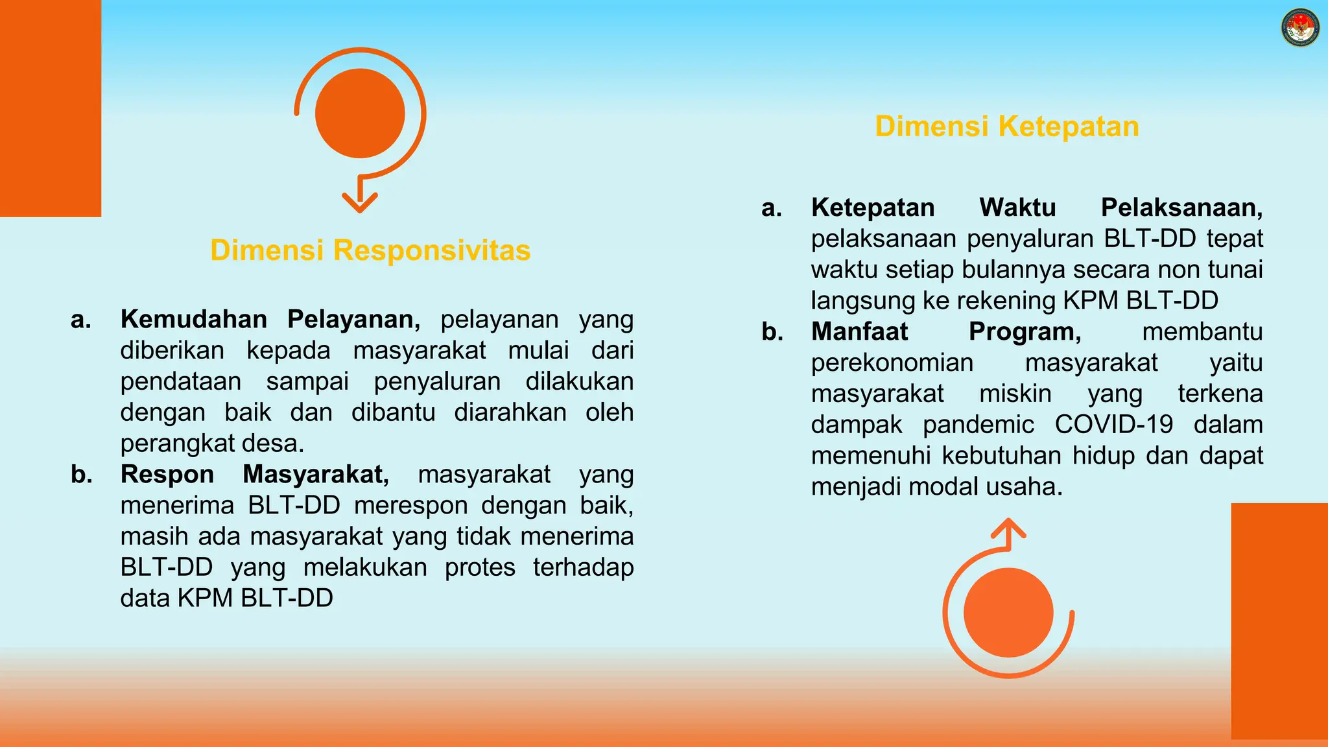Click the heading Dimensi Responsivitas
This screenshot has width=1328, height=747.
click(x=370, y=250)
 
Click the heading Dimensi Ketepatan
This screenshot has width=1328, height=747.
click(x=1006, y=126)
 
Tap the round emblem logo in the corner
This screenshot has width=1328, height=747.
click(x=1300, y=28)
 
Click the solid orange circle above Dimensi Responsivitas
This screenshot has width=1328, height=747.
click(x=360, y=113)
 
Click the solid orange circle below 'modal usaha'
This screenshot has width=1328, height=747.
click(x=1008, y=613)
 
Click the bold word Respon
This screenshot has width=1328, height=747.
click(x=167, y=474)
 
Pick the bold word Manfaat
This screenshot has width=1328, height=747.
click(x=859, y=331)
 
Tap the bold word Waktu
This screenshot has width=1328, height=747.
click(x=1017, y=207)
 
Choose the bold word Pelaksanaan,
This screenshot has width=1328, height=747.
click(x=1181, y=207)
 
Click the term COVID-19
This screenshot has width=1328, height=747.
click(x=1113, y=425)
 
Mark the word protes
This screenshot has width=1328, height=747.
click(x=480, y=567)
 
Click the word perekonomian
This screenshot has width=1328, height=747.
click(x=892, y=362)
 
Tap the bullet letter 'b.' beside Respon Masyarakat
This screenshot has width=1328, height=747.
click(x=82, y=474)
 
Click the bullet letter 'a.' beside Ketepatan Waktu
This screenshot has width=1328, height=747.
click(x=772, y=207)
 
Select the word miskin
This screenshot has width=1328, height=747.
click(x=1015, y=394)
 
